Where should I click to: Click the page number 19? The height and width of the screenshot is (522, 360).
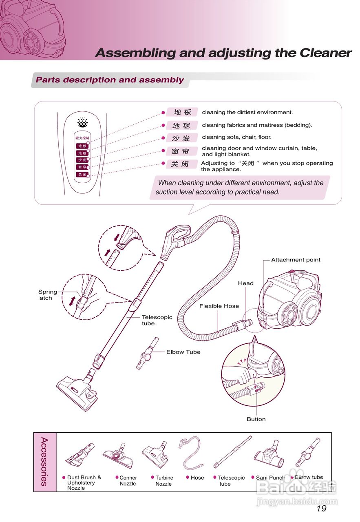(321, 508)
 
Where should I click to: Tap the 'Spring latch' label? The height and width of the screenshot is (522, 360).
(48, 295)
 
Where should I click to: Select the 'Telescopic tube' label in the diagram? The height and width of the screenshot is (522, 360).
(157, 320)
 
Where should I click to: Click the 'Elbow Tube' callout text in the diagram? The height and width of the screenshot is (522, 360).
(183, 352)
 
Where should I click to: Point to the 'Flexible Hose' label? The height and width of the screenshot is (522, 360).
(219, 306)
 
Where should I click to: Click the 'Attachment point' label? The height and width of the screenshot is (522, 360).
(296, 260)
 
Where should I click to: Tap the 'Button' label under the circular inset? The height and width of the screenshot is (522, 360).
(256, 419)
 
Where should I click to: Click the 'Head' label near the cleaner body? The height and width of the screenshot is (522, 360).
(245, 283)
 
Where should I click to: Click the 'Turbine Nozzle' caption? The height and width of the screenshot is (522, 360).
(164, 481)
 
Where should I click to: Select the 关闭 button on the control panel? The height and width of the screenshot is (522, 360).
(82, 174)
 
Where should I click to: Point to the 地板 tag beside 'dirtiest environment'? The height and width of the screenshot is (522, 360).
(182, 112)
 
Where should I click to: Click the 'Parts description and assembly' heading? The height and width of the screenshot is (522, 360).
(110, 80)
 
